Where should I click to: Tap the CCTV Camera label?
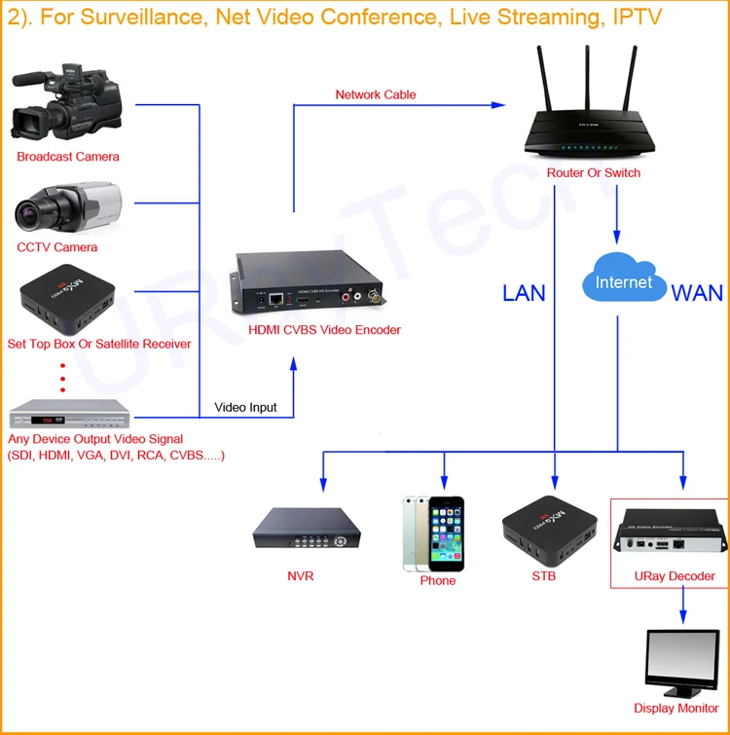pos(57,247)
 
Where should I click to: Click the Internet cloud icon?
pos(624,281)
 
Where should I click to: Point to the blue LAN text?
pos(525,292)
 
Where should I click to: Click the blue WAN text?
pos(697,293)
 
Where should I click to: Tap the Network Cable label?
pos(376,94)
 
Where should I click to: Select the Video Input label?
pos(245,407)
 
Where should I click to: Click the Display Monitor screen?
pos(680,661)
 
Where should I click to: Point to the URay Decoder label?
pos(675,576)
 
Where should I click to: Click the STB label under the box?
pos(543,576)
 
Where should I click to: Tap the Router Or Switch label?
pos(594,173)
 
